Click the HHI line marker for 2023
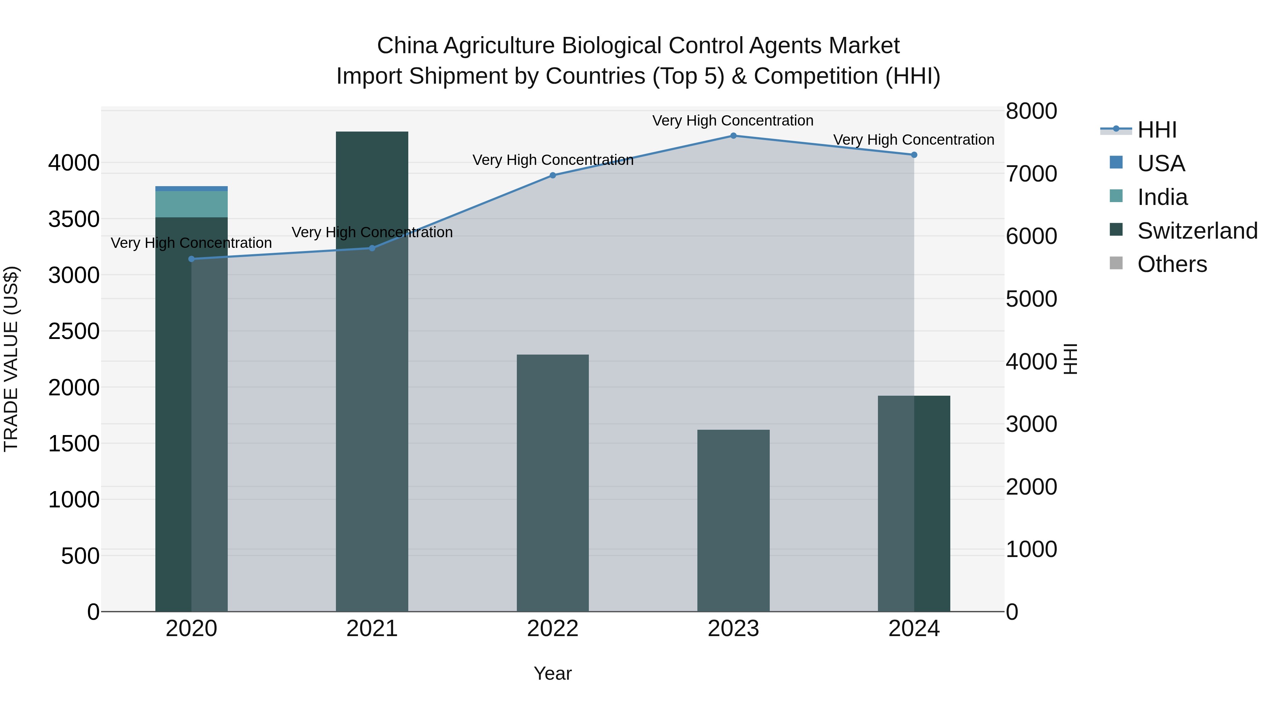[x=733, y=136]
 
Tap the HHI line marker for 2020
[x=191, y=259]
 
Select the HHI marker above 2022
[x=553, y=176]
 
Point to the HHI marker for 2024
[x=914, y=155]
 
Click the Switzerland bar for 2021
[x=372, y=372]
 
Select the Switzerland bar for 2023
[x=733, y=520]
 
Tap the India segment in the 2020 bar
[x=191, y=204]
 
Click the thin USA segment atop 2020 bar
[x=191, y=189]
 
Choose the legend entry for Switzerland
[x=1197, y=231]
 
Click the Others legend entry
[x=1172, y=265]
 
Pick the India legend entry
[x=1162, y=197]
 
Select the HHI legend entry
[x=1156, y=130]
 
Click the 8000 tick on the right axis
[x=1031, y=111]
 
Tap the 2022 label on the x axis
[x=553, y=629]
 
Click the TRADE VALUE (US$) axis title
[x=11, y=359]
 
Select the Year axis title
[x=553, y=673]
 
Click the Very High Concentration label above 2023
[x=733, y=121]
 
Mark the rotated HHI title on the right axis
[x=1071, y=359]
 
